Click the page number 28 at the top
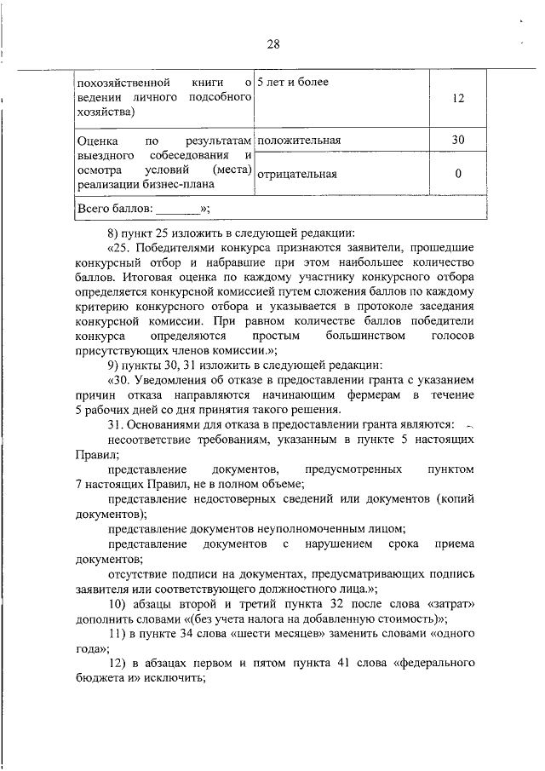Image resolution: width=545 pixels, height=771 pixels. [x=272, y=44]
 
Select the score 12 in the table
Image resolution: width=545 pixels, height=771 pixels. [x=457, y=98]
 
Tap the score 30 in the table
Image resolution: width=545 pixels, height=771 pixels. [x=457, y=140]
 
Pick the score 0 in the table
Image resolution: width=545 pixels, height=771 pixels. [x=457, y=174]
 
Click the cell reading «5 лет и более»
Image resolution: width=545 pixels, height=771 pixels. [x=293, y=83]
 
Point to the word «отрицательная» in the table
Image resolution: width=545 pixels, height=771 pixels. [x=297, y=175]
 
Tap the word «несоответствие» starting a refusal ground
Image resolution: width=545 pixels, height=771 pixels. [x=150, y=440]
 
